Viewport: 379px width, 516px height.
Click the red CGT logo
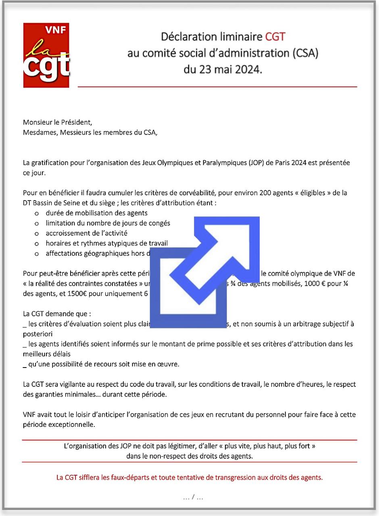point(46,55)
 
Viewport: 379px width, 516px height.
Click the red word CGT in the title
point(275,37)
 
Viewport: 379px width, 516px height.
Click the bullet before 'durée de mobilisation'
point(37,213)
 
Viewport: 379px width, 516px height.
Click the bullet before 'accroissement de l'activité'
point(37,234)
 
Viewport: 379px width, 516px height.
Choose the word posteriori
point(37,334)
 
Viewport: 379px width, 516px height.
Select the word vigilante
point(69,384)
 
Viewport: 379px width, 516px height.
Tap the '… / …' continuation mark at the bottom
point(193,498)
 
